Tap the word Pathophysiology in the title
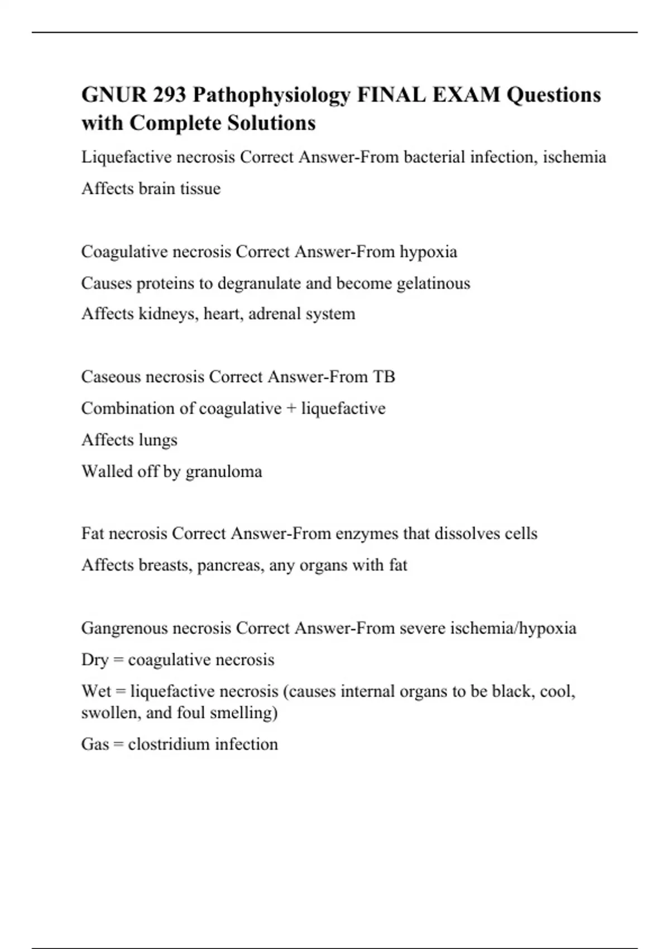point(271,95)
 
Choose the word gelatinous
point(433,284)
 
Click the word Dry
point(94,660)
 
